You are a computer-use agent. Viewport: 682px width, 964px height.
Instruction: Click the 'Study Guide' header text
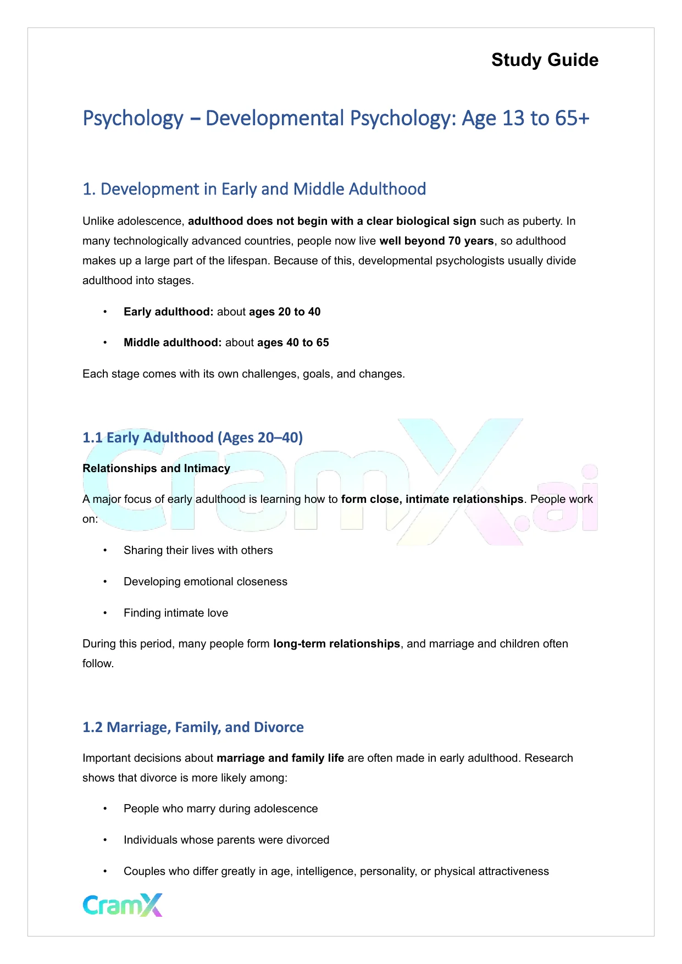click(545, 60)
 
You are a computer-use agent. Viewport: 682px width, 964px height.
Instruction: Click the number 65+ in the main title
click(572, 118)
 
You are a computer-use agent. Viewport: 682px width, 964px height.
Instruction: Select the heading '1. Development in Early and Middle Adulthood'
click(254, 189)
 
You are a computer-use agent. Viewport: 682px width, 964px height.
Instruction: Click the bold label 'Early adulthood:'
click(168, 312)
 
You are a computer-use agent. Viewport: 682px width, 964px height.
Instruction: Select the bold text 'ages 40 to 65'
click(293, 342)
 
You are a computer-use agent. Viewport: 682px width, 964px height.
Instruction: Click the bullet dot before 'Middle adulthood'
click(104, 342)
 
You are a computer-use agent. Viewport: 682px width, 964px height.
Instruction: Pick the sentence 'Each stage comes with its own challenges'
click(243, 374)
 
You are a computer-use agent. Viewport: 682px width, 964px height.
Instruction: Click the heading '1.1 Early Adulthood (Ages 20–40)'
click(192, 437)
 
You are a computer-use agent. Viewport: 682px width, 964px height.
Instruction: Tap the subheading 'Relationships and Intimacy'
click(156, 468)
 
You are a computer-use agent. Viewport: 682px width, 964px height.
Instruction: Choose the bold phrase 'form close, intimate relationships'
click(432, 499)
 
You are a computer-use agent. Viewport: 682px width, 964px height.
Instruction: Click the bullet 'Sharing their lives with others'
click(198, 550)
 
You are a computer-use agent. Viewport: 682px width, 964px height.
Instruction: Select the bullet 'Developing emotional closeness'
click(205, 581)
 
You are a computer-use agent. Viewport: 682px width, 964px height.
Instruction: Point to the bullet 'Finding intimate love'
click(175, 613)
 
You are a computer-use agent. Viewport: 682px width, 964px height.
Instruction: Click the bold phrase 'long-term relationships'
click(336, 644)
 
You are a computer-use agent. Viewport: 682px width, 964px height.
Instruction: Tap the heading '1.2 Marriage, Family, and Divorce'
click(193, 727)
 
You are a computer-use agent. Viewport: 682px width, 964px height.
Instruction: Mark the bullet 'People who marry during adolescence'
click(220, 808)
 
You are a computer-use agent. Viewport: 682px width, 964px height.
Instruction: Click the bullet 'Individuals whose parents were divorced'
click(226, 840)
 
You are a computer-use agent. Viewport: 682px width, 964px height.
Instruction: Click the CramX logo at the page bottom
click(123, 905)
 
